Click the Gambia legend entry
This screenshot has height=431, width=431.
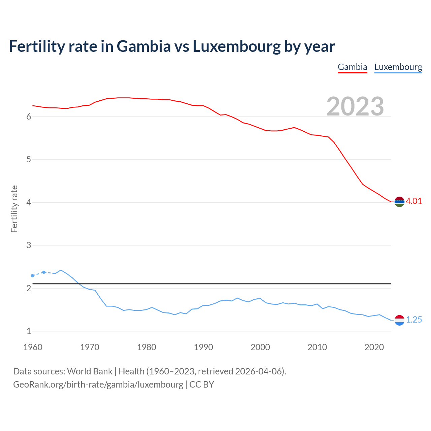[x=352, y=67]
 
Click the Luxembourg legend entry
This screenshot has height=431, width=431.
[x=398, y=67]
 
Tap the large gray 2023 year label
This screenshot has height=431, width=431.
[x=355, y=106]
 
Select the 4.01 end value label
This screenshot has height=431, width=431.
[x=414, y=201]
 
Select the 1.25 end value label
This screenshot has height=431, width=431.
[x=414, y=320]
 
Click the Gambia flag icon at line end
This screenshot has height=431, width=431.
[x=399, y=202]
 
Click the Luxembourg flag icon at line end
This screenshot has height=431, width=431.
[x=399, y=320]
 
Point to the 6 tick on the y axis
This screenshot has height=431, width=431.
[x=29, y=117]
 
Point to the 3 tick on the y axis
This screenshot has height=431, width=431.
[x=29, y=245]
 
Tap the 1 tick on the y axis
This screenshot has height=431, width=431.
[x=29, y=331]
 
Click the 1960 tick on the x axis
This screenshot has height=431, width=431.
[x=33, y=347]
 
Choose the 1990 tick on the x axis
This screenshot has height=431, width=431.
[x=203, y=347]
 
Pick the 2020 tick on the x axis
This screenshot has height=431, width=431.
[x=374, y=347]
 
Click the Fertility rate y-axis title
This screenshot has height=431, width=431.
[x=14, y=209]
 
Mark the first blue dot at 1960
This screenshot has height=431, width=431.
[x=33, y=276]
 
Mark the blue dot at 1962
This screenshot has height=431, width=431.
[x=44, y=272]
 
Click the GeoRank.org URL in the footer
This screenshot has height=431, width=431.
[x=98, y=385]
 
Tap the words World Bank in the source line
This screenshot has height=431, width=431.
[x=90, y=371]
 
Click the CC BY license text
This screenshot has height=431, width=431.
[x=202, y=385]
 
